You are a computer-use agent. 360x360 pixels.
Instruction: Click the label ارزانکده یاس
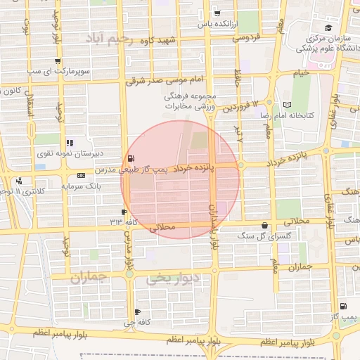pyautogui.click(x=214, y=24)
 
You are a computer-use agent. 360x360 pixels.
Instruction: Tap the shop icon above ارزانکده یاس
pyautogui.click(x=217, y=13)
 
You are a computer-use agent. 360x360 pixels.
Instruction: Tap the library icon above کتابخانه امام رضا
pyautogui.click(x=286, y=104)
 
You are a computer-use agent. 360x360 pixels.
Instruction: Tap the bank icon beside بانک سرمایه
pyautogui.click(x=82, y=174)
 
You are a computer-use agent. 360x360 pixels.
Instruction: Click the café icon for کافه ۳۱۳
pyautogui.click(x=124, y=212)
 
